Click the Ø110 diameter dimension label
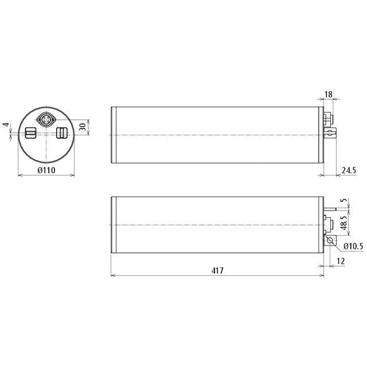click(x=46, y=170)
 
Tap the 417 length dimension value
click(x=217, y=271)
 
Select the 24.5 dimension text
click(x=349, y=170)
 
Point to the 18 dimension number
click(x=329, y=94)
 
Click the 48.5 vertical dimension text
click(x=343, y=222)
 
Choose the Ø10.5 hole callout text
click(x=353, y=246)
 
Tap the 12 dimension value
click(x=341, y=261)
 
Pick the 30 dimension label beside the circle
click(x=83, y=127)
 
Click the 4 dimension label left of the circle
click(x=7, y=125)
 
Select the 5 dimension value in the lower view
click(x=343, y=200)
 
